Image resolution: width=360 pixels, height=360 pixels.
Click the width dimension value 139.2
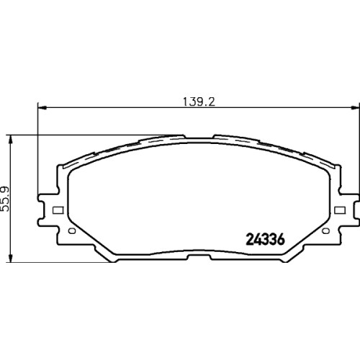pos(199,102)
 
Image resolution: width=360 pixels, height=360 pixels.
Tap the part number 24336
pos(266,240)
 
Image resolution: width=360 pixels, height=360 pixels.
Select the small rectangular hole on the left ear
pos(58,210)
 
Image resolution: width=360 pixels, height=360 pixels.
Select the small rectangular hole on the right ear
pos(340,210)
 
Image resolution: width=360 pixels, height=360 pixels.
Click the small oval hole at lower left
pos(72,231)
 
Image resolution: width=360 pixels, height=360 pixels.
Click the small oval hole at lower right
pos(325,231)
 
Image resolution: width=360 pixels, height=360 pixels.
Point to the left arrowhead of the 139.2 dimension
pos(42,108)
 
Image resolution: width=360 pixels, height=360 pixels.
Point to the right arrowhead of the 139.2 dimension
pos(356,108)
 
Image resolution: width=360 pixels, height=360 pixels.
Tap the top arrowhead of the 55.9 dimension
pos(10,139)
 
